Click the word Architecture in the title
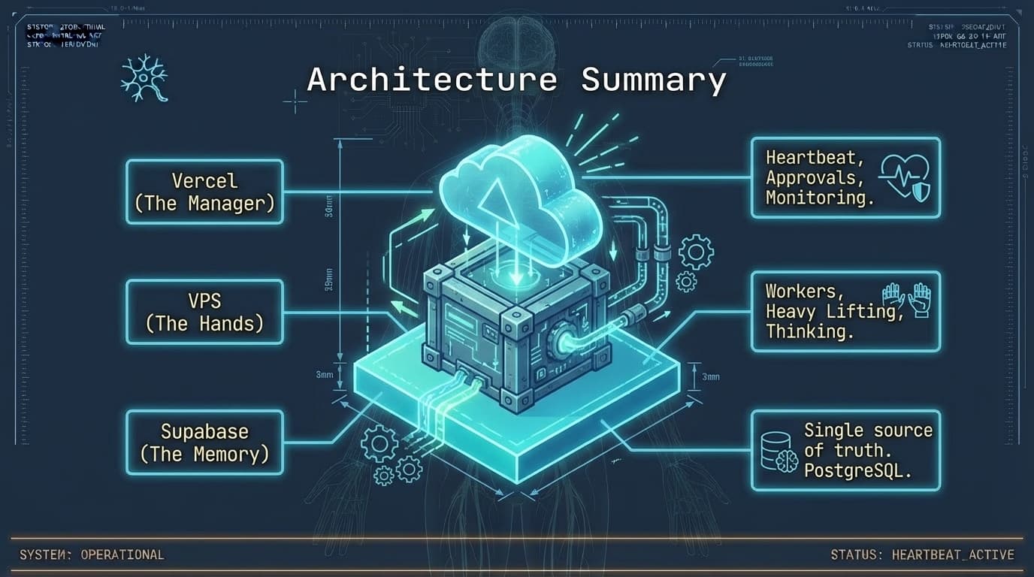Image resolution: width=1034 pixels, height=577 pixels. pos(432,80)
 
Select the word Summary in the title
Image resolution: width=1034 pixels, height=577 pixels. pos(653,80)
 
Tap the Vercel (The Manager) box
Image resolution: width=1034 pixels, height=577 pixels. pos(204,192)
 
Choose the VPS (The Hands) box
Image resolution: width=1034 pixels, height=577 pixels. pos(204,312)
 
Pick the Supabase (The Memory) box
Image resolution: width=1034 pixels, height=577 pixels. pos(204,443)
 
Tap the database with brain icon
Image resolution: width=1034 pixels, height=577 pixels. pos(778,451)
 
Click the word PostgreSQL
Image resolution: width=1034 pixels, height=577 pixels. pos(857,471)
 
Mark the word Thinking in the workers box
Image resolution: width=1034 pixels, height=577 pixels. pos(809,331)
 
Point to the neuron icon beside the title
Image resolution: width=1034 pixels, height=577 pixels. pos(144,78)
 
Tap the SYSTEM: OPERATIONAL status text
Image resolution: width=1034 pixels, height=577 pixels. pos(92,555)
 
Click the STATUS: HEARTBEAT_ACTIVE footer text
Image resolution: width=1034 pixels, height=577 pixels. pos(922,555)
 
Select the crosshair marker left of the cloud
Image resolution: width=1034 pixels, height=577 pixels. pos(295,101)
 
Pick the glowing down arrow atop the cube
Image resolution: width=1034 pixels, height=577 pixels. pos(515,276)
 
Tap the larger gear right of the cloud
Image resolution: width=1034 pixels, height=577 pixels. pos(695,252)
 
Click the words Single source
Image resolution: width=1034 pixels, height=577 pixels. pos(868,430)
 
